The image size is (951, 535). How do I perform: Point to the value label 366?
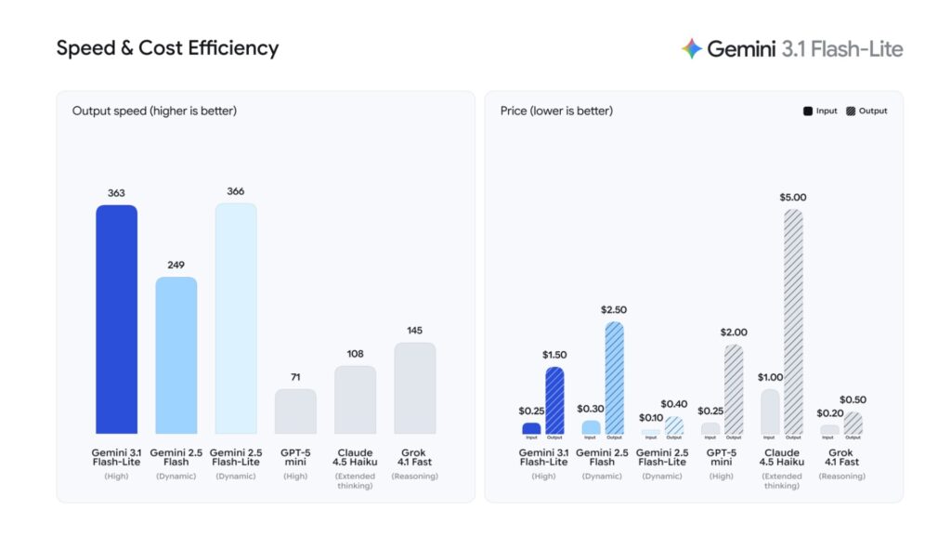coord(236,191)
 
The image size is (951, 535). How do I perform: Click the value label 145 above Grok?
coord(415,331)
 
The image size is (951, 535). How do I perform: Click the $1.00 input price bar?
coord(770,411)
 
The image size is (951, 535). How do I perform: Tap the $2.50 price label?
coord(614,309)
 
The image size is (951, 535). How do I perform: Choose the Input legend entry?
coord(820,111)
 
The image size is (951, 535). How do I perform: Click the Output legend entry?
coord(866,111)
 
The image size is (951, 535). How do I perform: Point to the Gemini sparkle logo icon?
coord(691,49)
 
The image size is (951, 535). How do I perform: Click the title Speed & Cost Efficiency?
coord(167,48)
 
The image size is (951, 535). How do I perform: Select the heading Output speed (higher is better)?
coord(154,111)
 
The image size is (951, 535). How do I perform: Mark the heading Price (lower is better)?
coord(556,111)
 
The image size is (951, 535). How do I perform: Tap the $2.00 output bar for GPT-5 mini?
coord(734,389)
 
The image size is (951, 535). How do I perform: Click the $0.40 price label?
coord(673,404)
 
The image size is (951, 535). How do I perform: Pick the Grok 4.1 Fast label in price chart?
coord(841,457)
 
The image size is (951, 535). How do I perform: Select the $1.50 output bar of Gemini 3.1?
coord(554,400)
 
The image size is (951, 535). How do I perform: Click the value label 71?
coord(295,377)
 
